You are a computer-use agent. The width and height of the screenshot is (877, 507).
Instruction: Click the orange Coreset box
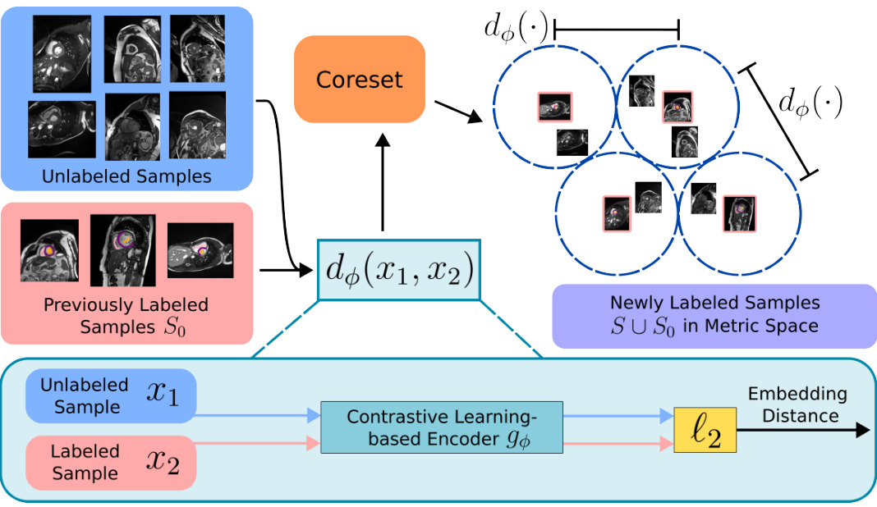click(x=360, y=80)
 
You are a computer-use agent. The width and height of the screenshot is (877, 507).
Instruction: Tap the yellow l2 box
click(x=705, y=429)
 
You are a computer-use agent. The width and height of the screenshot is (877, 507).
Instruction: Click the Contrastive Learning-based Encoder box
click(x=442, y=427)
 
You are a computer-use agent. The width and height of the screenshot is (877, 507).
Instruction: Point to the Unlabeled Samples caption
click(x=126, y=176)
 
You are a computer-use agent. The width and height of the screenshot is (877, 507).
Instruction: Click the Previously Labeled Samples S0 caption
click(x=126, y=316)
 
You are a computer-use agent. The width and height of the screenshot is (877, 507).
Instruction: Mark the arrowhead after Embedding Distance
click(x=861, y=430)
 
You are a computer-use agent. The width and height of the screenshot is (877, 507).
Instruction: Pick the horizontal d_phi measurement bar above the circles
click(x=616, y=30)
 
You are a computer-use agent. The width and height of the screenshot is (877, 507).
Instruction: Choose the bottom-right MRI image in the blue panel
click(x=197, y=125)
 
